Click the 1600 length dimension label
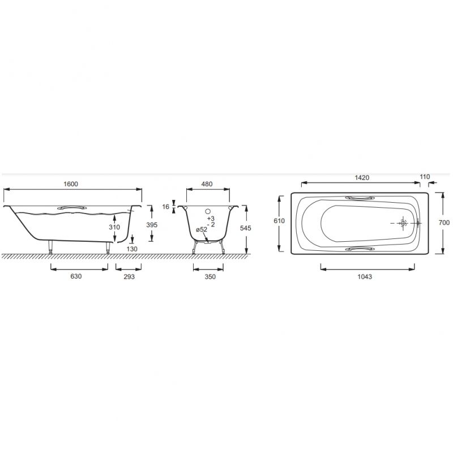click(x=71, y=184)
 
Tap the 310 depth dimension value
click(x=114, y=227)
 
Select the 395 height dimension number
click(x=152, y=225)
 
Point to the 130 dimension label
click(x=132, y=249)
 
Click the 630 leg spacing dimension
click(x=76, y=276)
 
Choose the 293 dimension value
click(x=129, y=276)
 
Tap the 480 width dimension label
click(x=207, y=184)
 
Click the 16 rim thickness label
click(x=165, y=207)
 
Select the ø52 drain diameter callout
click(x=202, y=229)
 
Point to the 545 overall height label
click(x=246, y=228)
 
